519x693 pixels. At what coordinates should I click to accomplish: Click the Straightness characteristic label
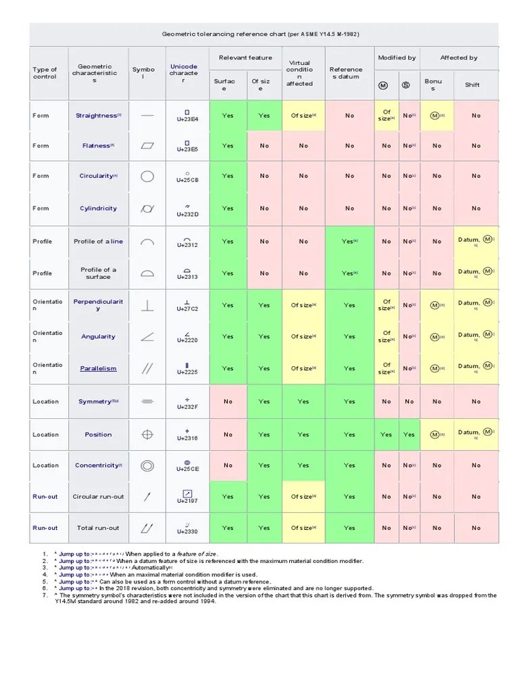click(97, 116)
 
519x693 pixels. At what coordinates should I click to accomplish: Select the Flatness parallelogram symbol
click(147, 146)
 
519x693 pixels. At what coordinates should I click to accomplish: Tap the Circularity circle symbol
click(147, 176)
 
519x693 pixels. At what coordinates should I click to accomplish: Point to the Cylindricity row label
click(98, 208)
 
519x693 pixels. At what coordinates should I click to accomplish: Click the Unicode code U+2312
click(187, 245)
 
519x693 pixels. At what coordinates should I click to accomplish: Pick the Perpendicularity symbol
click(147, 305)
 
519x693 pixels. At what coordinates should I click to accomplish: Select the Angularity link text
click(98, 336)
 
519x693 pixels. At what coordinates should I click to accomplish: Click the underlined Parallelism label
click(98, 369)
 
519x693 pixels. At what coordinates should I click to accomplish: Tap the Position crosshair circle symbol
click(147, 434)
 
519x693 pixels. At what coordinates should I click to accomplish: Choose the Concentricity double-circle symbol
click(147, 466)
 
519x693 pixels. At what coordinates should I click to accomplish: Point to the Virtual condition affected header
click(299, 73)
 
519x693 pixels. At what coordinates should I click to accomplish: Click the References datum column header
click(345, 73)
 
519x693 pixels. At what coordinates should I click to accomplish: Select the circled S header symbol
click(405, 85)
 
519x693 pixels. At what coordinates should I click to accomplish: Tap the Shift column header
click(472, 85)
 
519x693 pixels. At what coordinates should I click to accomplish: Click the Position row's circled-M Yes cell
click(386, 434)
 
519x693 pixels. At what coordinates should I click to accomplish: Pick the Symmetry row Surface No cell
click(228, 401)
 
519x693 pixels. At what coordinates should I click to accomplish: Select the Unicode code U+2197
click(187, 501)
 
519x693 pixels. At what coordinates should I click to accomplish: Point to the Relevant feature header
click(245, 58)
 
